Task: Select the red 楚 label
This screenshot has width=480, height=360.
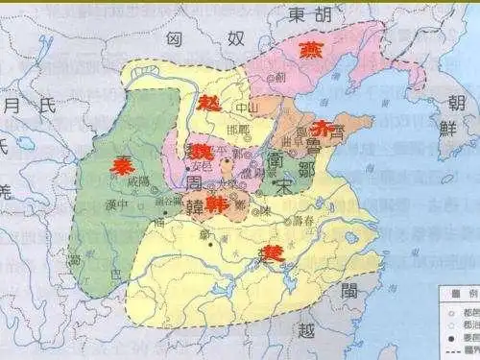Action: click(x=275, y=254)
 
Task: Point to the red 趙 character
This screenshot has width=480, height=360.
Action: click(x=208, y=103)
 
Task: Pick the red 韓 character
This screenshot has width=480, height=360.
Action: click(x=217, y=204)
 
